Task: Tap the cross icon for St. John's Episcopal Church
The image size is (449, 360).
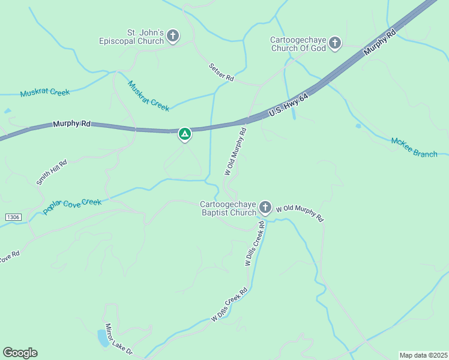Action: pos(173,37)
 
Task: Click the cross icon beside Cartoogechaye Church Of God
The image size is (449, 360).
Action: pos(335,43)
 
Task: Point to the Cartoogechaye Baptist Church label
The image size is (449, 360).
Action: pos(228,208)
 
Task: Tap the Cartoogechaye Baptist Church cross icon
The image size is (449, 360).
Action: pos(265,208)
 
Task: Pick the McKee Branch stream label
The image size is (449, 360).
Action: pos(414,147)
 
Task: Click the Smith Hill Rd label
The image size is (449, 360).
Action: pos(52,172)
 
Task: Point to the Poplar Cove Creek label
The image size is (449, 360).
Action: pos(72,206)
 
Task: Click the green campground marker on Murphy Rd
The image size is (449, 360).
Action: pos(185,134)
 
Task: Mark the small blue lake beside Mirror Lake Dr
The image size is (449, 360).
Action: pos(103,338)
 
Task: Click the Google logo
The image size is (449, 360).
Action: pos(20,353)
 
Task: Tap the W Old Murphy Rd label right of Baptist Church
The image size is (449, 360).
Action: pos(300,213)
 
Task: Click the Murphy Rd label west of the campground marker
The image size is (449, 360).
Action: pos(71,124)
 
